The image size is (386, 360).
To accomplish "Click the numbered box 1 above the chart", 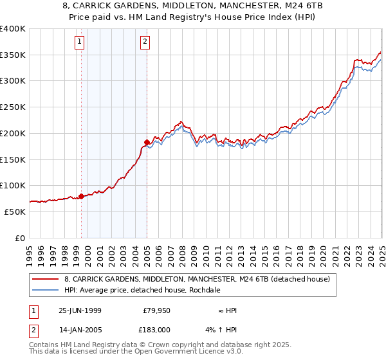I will tap(79, 42).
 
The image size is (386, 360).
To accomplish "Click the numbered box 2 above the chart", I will tap(145, 42).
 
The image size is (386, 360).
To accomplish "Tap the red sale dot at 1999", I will tap(82, 196).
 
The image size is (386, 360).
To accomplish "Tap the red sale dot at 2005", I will tap(147, 142).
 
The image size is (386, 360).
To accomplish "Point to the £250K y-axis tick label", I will tap(13, 107).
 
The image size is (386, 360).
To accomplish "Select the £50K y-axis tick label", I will tap(15, 211).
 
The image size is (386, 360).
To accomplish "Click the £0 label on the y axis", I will tap(21, 237).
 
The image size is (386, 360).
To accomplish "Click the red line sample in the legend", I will tap(46, 279).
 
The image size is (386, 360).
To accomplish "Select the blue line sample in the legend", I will tap(46, 290).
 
